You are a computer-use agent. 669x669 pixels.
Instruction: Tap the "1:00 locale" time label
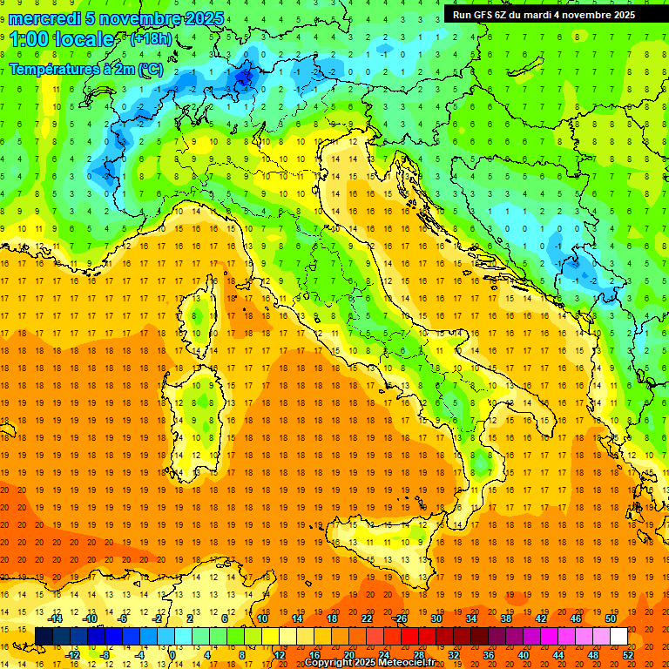pos(62,39)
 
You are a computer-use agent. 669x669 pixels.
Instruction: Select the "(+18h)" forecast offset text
pos(151,39)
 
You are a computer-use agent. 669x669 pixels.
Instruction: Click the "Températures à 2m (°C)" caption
pos(84,68)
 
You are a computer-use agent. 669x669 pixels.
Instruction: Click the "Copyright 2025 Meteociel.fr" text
pos(369,663)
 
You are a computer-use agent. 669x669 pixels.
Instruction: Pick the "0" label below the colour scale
pos(172,655)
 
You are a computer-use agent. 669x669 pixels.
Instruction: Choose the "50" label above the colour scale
pos(610,618)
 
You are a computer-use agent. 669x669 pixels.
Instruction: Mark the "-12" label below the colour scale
pos(72,655)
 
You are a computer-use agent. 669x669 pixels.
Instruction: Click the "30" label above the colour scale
pos(436,618)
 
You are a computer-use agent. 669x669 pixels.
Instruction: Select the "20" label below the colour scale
pos(348,655)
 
